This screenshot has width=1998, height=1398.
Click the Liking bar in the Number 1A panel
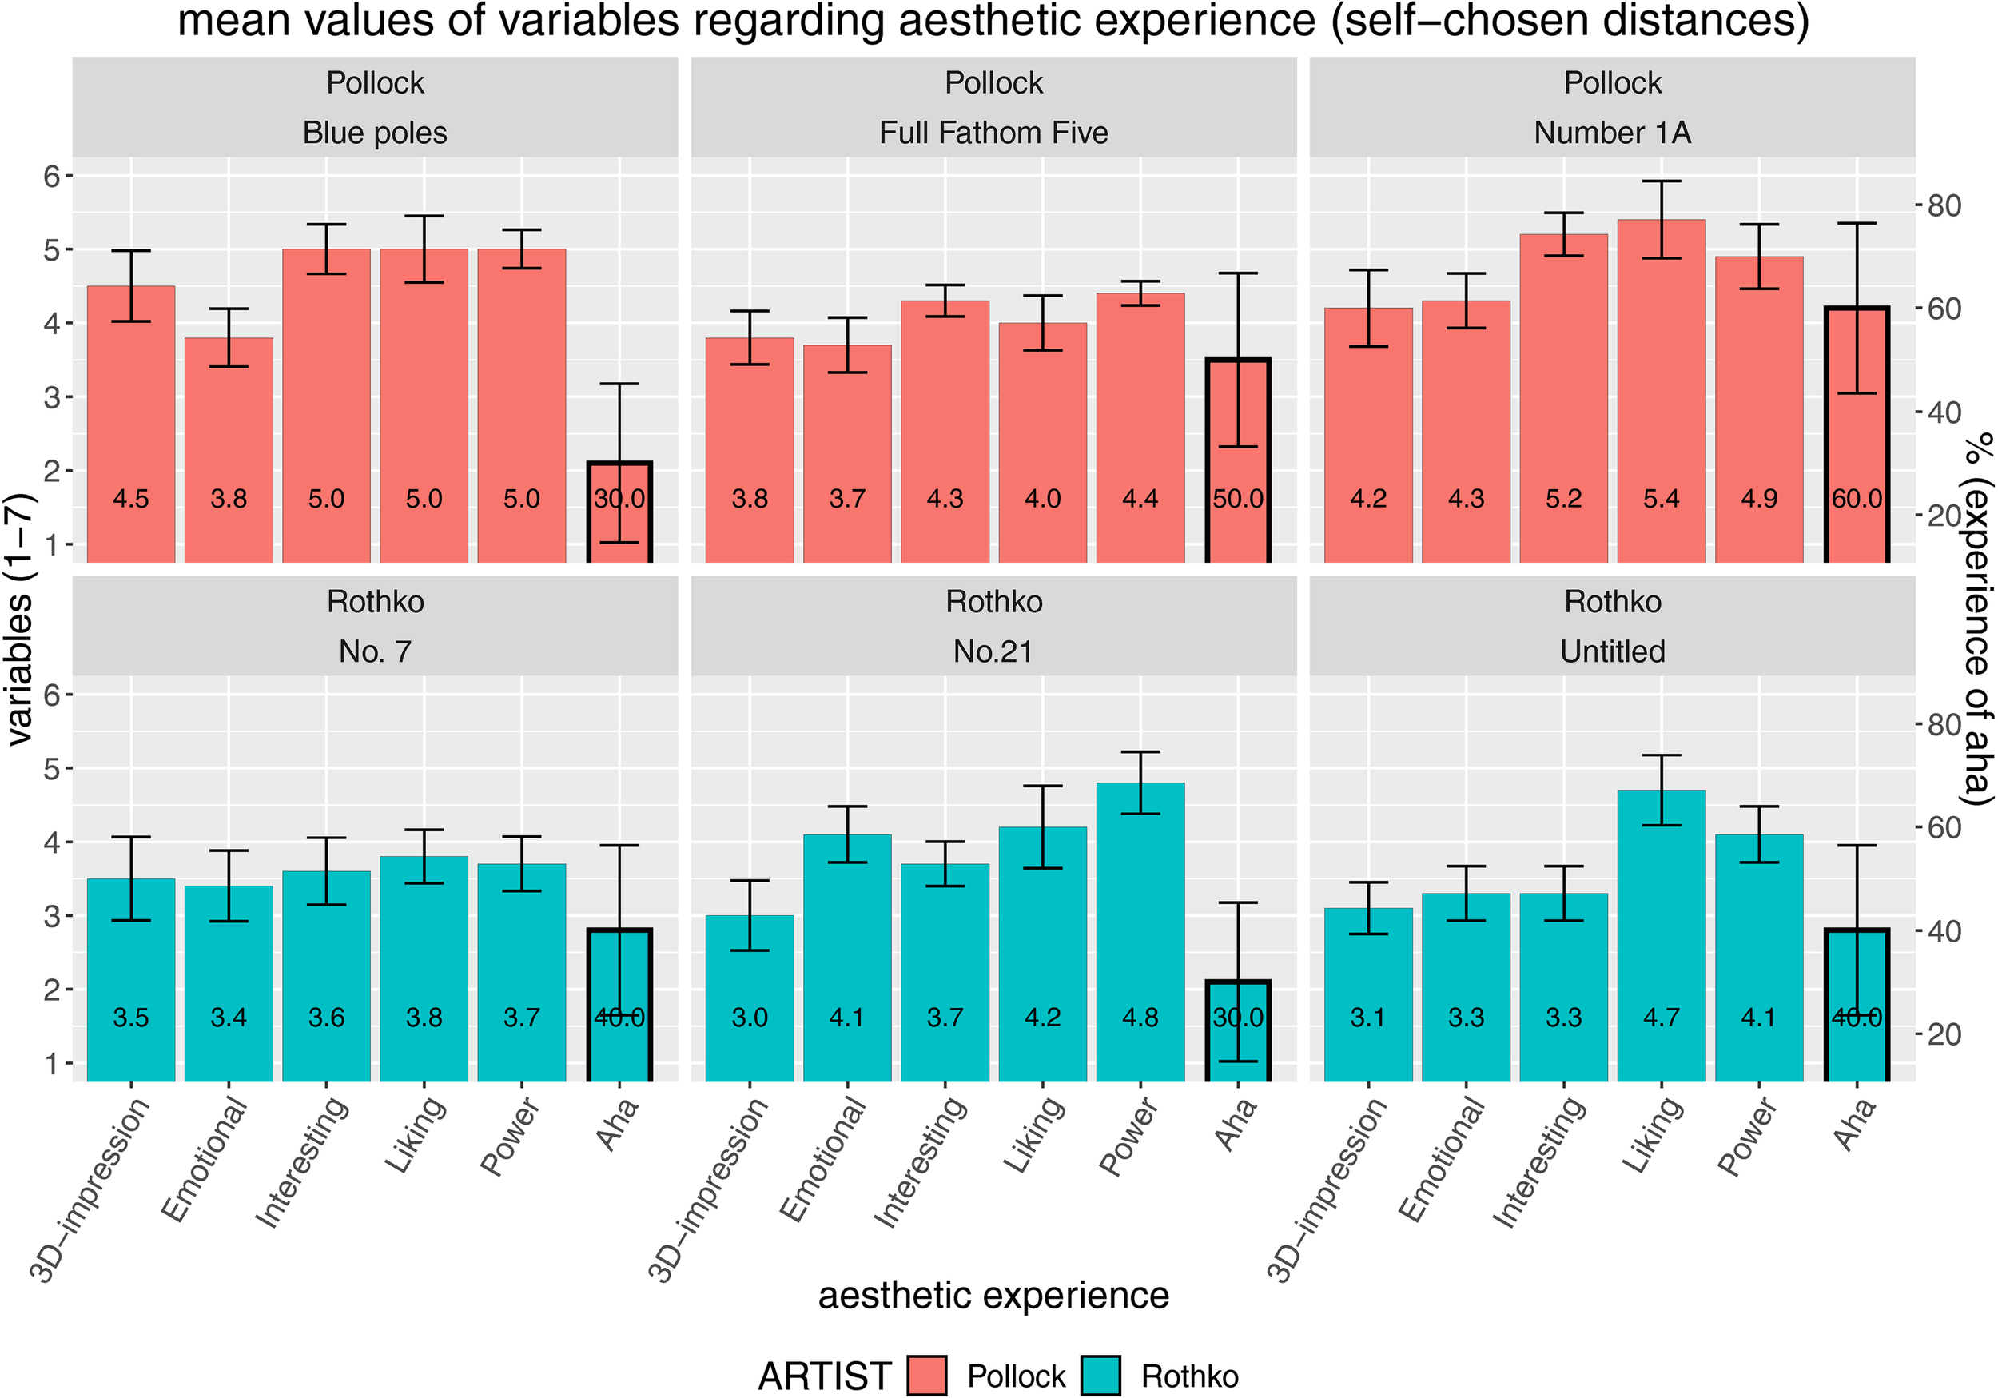(x=1661, y=392)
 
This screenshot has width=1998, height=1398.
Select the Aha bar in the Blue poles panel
(x=619, y=514)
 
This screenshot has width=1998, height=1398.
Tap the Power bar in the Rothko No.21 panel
(x=1140, y=931)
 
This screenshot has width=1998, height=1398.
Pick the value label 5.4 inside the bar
(x=1661, y=499)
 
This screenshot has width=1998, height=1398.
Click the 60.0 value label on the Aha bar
(x=1857, y=499)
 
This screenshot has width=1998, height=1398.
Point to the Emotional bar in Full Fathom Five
(x=846, y=452)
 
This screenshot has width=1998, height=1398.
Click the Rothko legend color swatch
(x=1100, y=1376)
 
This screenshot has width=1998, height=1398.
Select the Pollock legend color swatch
(x=926, y=1376)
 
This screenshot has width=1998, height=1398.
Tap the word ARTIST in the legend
(x=824, y=1376)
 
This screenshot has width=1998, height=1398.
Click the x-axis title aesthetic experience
(x=993, y=1295)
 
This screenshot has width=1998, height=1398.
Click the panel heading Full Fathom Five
(x=993, y=133)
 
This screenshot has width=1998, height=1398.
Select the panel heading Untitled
(x=1612, y=651)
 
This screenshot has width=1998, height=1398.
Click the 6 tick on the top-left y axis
(x=52, y=177)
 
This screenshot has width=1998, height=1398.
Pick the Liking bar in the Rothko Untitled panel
(x=1661, y=936)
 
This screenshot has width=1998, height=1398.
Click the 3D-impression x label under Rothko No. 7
(x=91, y=1189)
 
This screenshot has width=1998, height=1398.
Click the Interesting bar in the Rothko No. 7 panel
(x=326, y=975)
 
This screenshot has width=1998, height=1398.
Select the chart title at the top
(x=993, y=21)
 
